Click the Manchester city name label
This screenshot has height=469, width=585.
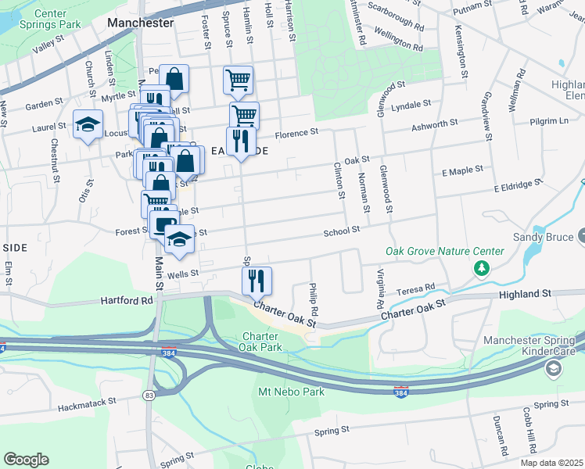141,23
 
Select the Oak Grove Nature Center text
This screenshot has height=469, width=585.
444,251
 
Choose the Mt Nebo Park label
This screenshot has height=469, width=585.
290,390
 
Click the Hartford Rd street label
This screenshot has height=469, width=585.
124,300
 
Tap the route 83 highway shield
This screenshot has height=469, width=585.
149,396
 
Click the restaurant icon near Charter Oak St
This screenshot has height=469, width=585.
257,279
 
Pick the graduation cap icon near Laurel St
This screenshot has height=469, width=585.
88,125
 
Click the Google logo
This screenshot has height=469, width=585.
26,459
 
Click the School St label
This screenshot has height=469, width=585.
343,230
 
